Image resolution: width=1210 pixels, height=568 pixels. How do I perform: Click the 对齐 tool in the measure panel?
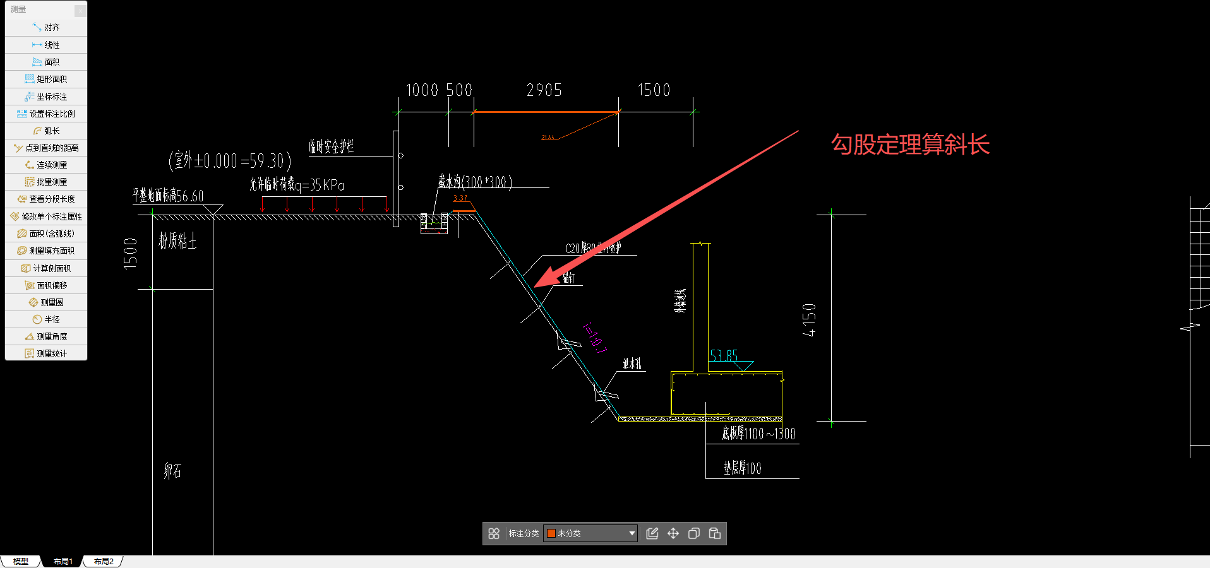coord(46,28)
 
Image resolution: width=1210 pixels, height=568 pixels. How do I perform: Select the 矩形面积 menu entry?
coord(46,79)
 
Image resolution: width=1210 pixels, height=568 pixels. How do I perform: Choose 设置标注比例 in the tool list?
coord(46,114)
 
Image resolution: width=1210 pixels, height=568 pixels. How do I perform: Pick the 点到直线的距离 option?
coord(46,148)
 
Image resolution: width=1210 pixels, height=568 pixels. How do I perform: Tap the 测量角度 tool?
coord(46,336)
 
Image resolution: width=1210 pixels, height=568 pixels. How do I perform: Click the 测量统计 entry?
coord(46,353)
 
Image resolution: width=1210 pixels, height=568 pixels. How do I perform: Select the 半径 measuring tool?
coord(46,319)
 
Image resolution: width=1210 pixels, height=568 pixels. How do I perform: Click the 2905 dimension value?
coord(544,90)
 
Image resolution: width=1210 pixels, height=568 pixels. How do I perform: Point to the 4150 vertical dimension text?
coord(809,319)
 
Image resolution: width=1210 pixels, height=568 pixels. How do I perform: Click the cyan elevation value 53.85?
coord(723,355)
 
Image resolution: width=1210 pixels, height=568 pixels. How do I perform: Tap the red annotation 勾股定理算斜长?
coord(910,145)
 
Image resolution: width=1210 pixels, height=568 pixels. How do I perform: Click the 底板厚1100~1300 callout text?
coord(758,434)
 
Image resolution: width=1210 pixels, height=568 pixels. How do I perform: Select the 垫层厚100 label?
coord(742,468)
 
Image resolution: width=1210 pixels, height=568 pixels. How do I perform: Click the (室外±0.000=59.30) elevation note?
coord(230,161)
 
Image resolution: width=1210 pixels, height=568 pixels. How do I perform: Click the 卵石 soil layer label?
coord(172,471)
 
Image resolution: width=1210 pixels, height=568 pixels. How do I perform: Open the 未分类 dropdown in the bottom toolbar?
coord(590,533)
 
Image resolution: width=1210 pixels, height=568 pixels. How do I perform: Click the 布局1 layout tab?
coord(63,561)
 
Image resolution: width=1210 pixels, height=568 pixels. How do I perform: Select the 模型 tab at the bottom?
coord(21,561)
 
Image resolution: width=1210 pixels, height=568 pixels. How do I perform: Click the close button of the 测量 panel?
coord(80,10)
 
